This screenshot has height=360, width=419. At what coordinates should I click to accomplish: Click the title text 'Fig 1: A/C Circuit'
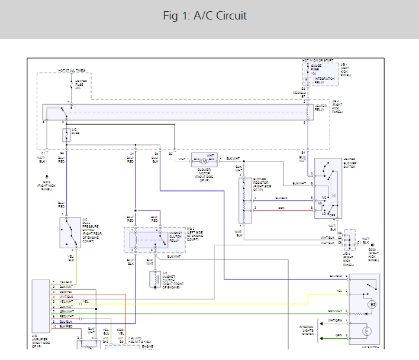[x=205, y=16]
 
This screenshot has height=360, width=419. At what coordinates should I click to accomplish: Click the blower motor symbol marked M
[x=204, y=160]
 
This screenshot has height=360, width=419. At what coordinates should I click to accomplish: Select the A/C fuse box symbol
[x=66, y=135]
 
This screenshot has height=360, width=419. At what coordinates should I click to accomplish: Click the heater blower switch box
[x=328, y=189]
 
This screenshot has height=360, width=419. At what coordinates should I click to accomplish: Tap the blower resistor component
[x=245, y=200]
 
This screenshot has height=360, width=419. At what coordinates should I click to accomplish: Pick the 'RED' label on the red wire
[x=281, y=208]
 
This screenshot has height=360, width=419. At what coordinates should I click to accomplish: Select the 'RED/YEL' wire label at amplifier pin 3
[x=66, y=292]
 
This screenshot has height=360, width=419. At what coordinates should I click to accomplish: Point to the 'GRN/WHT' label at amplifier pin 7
[x=66, y=312]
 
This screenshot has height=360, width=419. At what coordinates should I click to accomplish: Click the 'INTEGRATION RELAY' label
[x=324, y=80]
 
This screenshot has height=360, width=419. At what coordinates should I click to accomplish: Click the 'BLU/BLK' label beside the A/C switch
[x=336, y=276]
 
